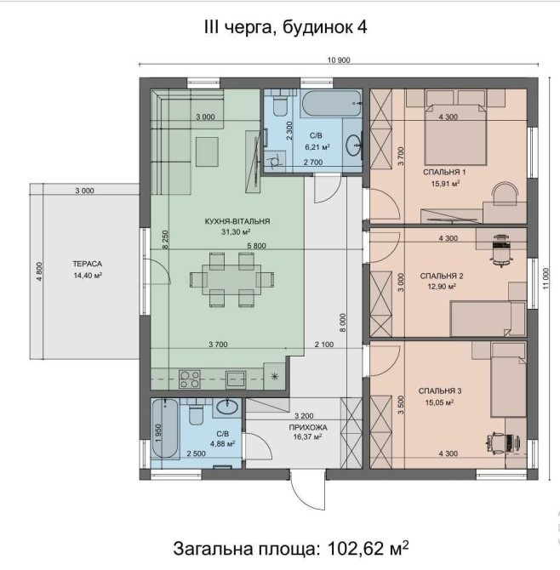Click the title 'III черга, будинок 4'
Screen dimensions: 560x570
285,27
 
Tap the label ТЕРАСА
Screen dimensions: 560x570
88,264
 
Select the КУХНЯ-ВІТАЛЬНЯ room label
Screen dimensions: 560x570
237,221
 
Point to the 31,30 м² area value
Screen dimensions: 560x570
236,232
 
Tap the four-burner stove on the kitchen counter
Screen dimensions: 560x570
190,379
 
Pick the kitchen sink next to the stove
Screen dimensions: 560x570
236,379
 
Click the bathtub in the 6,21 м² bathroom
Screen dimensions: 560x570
331,103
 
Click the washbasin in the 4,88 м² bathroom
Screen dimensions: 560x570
228,407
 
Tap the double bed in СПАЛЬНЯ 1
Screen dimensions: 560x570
455,134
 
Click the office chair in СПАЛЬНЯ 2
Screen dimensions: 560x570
502,250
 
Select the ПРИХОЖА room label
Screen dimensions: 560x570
308,427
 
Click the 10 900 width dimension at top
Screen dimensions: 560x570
339,60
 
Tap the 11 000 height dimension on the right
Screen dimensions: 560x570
546,279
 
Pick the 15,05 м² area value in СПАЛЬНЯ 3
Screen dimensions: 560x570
439,402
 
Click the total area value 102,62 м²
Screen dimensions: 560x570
368,548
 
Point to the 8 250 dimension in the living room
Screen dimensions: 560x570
165,239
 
